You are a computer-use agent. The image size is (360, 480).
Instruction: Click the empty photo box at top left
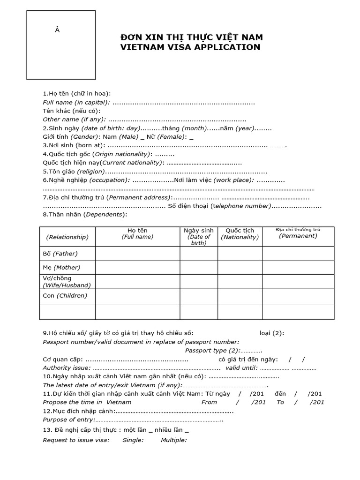point(61,45)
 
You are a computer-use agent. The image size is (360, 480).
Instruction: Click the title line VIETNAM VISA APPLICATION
point(190,47)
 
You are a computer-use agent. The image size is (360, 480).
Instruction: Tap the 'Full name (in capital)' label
point(76,102)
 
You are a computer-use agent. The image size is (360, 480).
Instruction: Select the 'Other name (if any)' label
point(74,120)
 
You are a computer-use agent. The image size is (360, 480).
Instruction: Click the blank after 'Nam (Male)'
point(142,137)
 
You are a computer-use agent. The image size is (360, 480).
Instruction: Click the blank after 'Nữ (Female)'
point(191,137)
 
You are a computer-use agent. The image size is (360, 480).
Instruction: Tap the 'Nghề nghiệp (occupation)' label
point(86,180)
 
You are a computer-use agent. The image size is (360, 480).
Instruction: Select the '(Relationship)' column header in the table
point(67,237)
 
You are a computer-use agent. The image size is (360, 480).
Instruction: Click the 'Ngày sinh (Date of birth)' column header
point(198,236)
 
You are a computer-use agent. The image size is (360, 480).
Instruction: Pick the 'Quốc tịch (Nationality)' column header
point(240,234)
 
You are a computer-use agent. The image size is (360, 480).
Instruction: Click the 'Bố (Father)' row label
point(60,254)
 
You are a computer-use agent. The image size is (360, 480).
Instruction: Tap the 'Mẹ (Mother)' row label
point(61,268)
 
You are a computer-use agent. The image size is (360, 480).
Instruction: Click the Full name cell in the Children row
point(137,296)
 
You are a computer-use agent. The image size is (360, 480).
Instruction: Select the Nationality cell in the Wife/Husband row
point(240,282)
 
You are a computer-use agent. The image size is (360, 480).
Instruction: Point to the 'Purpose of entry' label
point(69,420)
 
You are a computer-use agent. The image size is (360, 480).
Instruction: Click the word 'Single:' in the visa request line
point(133,440)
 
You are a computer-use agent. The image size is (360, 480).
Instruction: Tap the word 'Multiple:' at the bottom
point(174,440)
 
